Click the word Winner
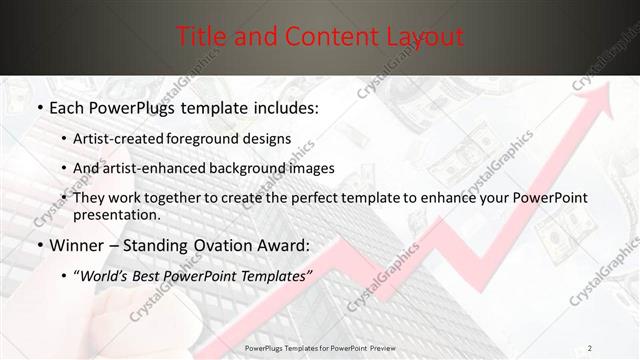pyautogui.click(x=75, y=245)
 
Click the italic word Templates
pyautogui.click(x=275, y=275)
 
